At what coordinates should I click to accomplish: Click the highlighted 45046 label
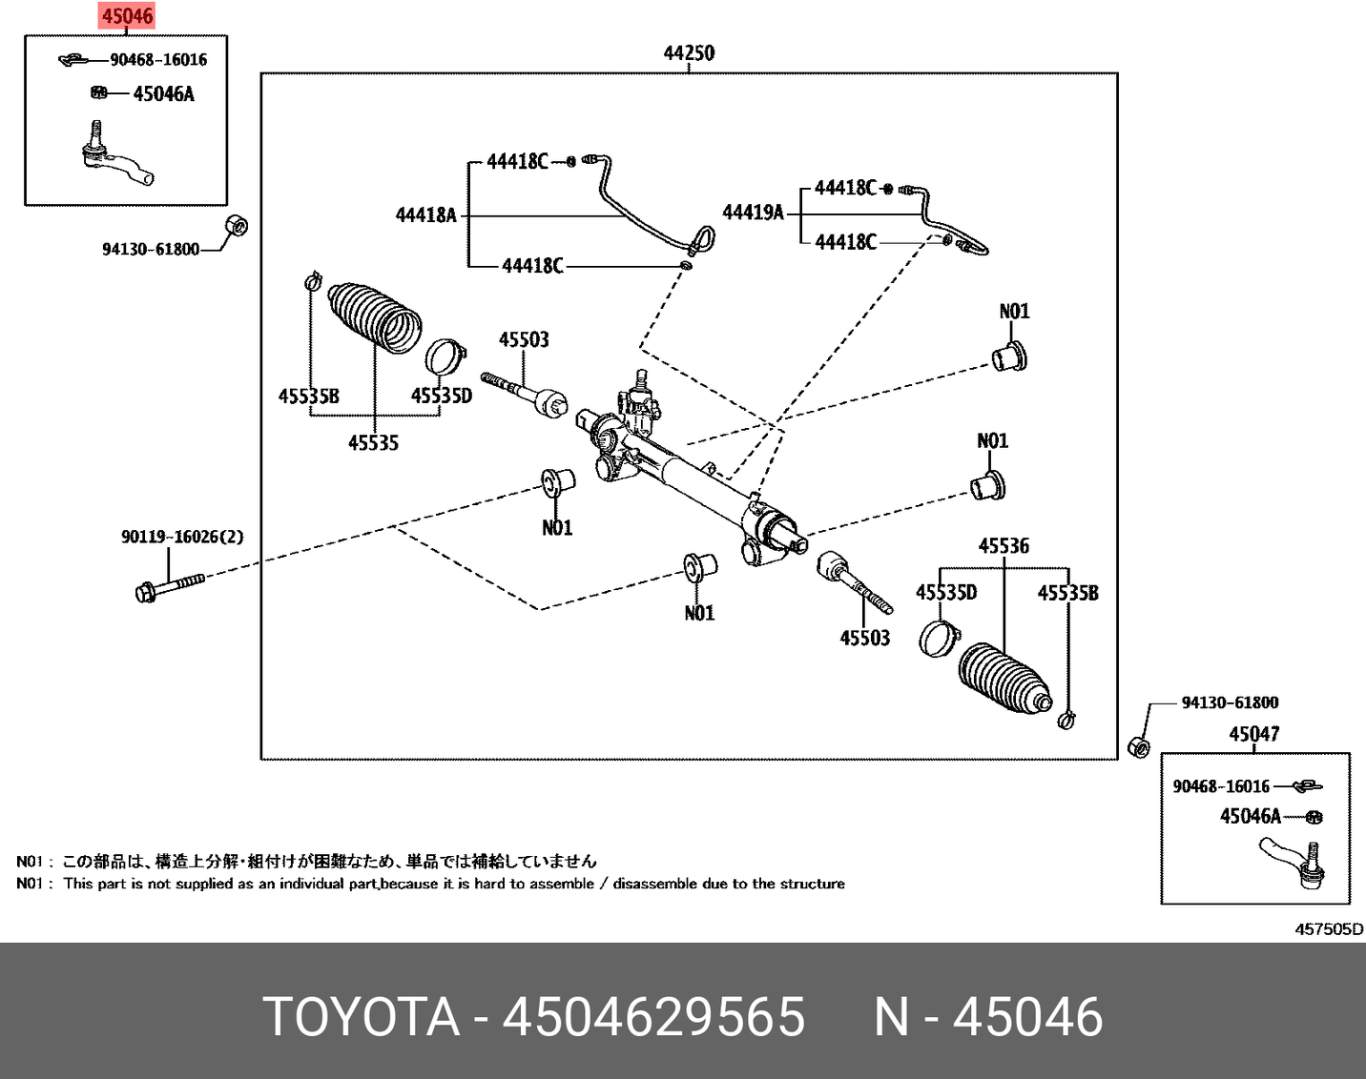[127, 16]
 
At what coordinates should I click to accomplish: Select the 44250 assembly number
[689, 53]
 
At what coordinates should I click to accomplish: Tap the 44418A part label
[426, 215]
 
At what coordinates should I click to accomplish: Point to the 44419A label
[753, 213]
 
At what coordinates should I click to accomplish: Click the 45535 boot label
[373, 442]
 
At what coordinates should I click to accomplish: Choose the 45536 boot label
[1004, 546]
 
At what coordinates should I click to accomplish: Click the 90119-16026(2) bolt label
[182, 538]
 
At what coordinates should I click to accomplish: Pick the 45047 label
[1253, 734]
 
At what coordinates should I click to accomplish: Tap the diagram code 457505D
[1329, 929]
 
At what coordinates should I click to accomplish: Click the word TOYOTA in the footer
[362, 1016]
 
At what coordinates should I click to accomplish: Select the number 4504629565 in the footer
[653, 1016]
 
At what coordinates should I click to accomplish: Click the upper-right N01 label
[1014, 312]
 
